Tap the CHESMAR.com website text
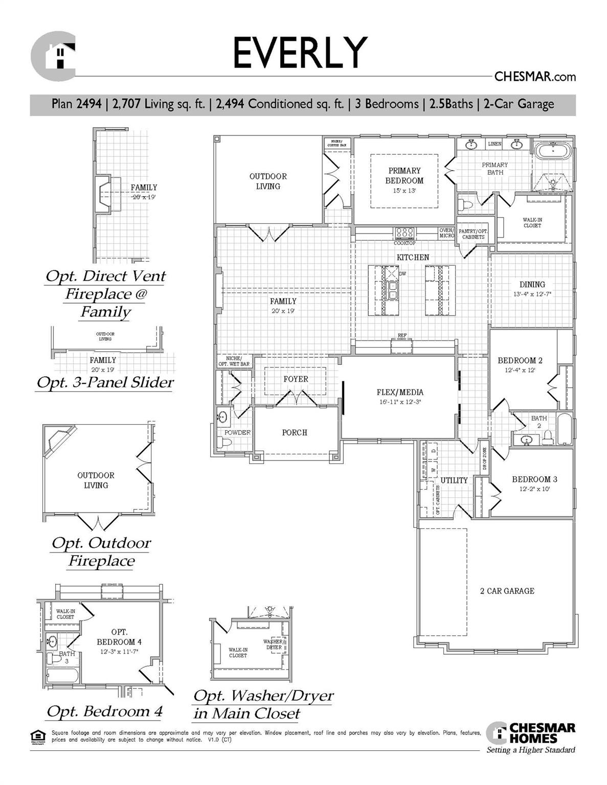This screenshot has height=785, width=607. coord(535,77)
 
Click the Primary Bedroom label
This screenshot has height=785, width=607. coord(404,175)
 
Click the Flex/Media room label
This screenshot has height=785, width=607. coord(400,392)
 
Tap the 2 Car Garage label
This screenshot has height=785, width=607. coord(507,591)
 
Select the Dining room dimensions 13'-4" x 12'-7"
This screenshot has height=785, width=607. coord(532,294)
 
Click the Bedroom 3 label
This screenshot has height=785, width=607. coord(534,479)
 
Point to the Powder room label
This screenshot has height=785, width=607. coord(237,432)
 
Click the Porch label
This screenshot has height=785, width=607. coord(295,432)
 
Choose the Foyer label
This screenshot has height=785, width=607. coord(296,379)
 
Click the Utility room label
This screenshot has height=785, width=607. coord(454,480)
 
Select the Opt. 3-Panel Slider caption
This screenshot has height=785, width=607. coord(105,382)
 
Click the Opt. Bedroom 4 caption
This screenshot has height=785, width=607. coord(104,711)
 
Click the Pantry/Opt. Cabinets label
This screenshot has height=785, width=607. coord(473,234)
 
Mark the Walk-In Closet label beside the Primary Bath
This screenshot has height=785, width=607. coord(532,222)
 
